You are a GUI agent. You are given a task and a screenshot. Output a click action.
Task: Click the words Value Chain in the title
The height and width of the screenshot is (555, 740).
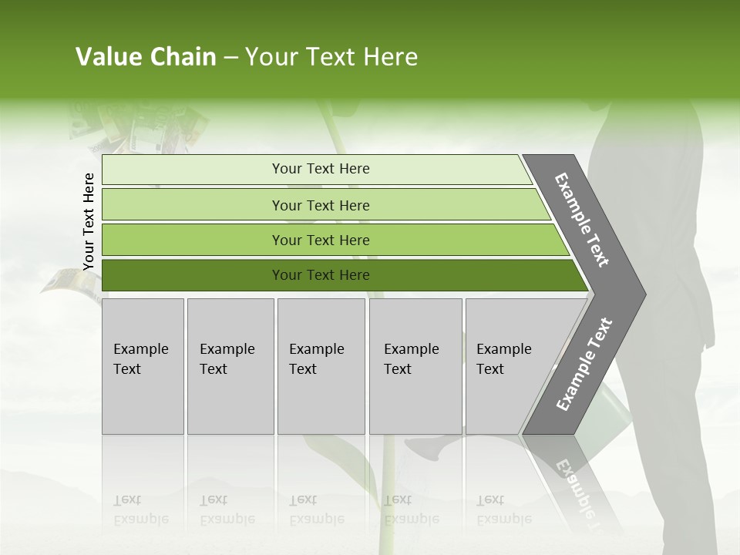[x=146, y=57]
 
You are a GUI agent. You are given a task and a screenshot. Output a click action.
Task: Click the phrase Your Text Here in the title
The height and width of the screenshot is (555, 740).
[x=331, y=57]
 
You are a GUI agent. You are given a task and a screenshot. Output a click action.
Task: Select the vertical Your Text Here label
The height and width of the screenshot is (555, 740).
[x=89, y=222]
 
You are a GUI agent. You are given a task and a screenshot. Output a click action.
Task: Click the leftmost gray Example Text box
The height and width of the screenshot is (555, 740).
[x=143, y=366]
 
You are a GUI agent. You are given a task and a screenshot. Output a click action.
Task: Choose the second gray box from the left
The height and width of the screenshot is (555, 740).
[x=230, y=366]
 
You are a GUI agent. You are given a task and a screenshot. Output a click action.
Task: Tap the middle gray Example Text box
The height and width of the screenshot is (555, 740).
[x=321, y=366]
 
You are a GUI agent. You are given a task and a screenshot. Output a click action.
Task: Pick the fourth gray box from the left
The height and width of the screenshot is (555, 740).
[x=415, y=366]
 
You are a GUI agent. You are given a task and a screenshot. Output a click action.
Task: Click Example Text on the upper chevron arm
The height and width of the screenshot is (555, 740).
[x=582, y=220]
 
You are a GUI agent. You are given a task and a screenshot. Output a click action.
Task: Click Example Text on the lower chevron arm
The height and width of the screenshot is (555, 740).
[x=584, y=365]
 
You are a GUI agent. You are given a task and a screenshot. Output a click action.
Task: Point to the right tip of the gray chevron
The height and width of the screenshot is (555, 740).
[x=643, y=294]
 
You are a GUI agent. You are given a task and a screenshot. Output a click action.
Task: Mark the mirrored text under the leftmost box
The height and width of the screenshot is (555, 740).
[x=141, y=510]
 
